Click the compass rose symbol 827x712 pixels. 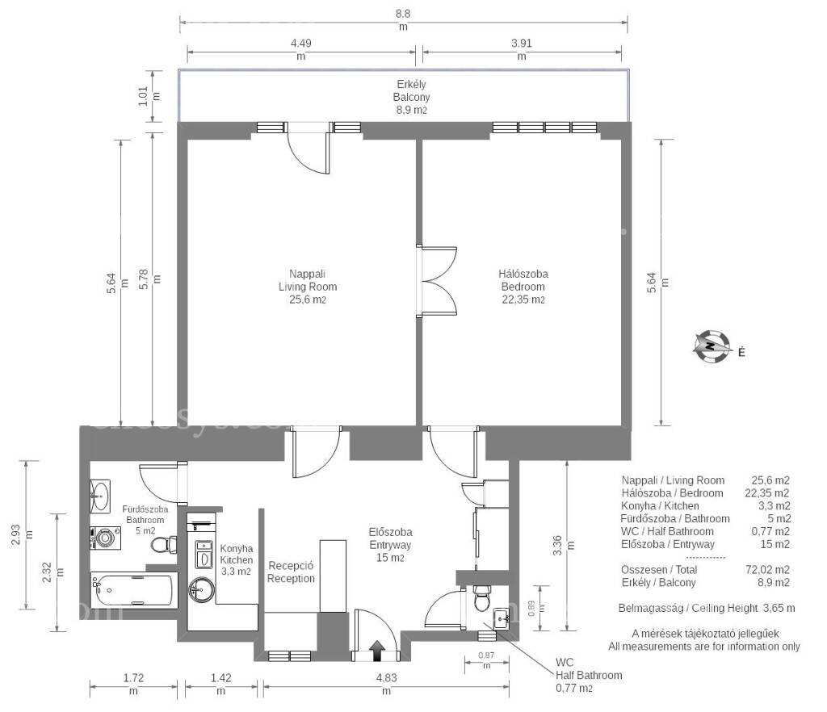click(712, 347)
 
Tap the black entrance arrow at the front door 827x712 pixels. click(377, 651)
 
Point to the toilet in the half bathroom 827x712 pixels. click(482, 598)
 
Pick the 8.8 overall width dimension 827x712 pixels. click(403, 19)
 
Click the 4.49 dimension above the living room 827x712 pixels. click(301, 49)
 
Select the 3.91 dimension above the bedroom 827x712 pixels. click(522, 49)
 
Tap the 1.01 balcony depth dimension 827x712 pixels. click(149, 96)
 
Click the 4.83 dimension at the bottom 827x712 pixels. click(387, 684)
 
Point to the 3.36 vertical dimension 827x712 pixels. click(563, 546)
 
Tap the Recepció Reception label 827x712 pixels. click(291, 572)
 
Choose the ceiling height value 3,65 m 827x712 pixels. click(779, 608)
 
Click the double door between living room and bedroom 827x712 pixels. click(436, 282)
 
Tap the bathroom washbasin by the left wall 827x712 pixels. click(99, 496)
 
